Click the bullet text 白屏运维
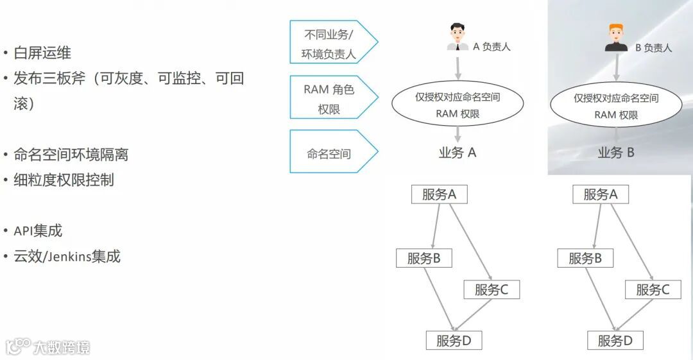click(42, 53)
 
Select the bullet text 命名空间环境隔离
click(71, 155)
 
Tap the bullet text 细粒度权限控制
click(64, 180)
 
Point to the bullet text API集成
click(38, 231)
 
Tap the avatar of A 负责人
click(457, 38)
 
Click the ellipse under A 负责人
click(458, 105)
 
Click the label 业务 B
click(616, 153)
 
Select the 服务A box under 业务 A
click(439, 194)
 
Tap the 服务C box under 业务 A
click(492, 289)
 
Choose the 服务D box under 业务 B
click(615, 341)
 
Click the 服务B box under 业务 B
click(585, 258)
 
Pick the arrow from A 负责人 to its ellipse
click(458, 67)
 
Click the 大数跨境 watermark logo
click(48, 347)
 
